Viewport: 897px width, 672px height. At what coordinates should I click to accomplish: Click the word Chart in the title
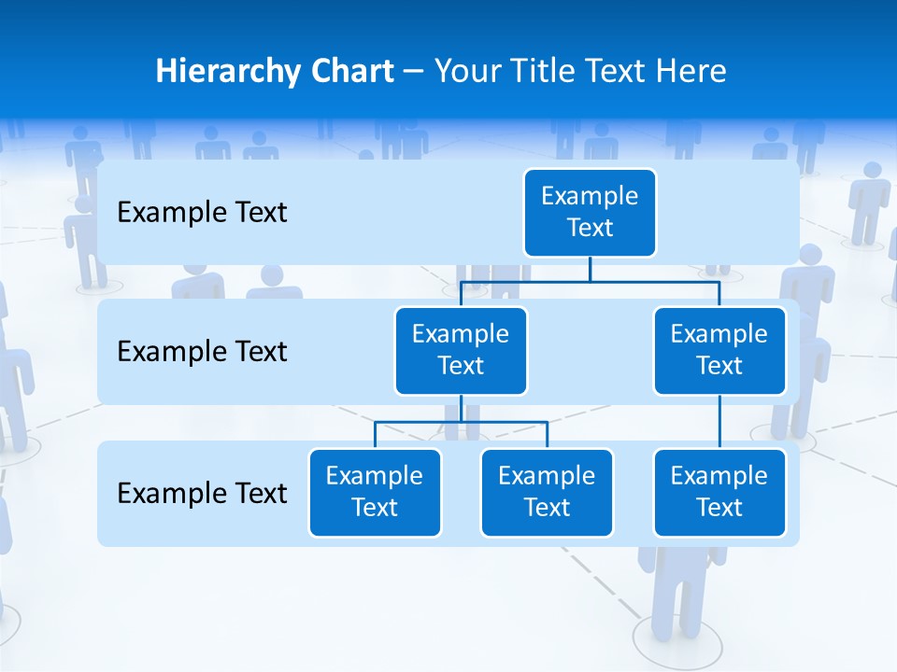(x=353, y=72)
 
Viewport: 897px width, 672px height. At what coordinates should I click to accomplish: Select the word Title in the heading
(x=545, y=72)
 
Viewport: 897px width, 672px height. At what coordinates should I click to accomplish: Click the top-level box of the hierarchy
(x=590, y=213)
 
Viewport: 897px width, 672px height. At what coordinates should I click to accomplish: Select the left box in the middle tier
(x=461, y=351)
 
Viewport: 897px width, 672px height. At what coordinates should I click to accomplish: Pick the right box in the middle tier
(x=719, y=351)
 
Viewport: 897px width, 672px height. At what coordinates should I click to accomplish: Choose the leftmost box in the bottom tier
(x=375, y=493)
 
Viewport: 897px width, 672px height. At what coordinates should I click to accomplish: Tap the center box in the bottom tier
(x=547, y=493)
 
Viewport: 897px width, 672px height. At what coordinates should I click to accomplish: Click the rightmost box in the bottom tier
(x=719, y=493)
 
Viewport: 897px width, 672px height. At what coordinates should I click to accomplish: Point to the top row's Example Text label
(x=202, y=213)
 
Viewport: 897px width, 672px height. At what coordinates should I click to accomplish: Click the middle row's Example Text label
(x=202, y=352)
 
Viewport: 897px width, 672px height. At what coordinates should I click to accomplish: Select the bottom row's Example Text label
(x=202, y=493)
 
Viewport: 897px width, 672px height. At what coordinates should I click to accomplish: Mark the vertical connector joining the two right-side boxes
(x=719, y=422)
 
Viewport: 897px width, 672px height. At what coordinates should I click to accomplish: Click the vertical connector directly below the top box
(x=590, y=269)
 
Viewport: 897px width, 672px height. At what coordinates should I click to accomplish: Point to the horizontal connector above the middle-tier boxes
(x=590, y=281)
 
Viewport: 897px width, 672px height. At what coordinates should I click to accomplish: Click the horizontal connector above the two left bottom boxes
(x=461, y=422)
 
